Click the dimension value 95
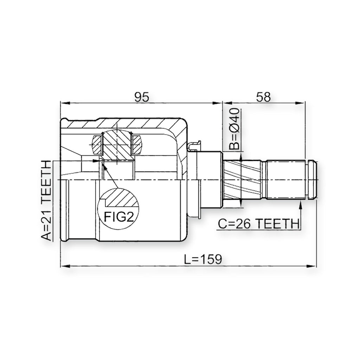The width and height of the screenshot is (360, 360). [x=142, y=97]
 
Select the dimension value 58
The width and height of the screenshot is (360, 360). [x=263, y=97]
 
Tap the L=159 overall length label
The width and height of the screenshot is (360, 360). [x=203, y=259]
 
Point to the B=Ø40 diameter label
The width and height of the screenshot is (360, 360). [x=234, y=129]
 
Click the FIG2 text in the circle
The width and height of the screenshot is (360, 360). [x=119, y=217]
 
